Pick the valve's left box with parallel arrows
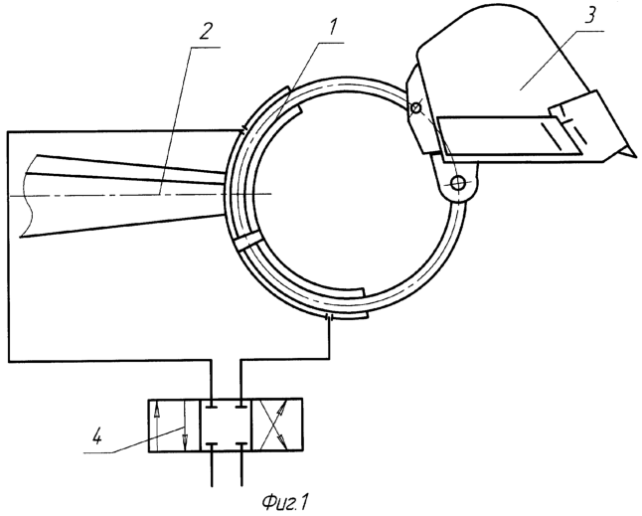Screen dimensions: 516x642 [x=175, y=425]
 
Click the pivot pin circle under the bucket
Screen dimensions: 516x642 [x=458, y=183]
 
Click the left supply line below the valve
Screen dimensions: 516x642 [x=214, y=468]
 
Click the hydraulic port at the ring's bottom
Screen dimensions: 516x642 [x=329, y=316]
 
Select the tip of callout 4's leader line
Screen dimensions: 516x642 [x=185, y=429]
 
